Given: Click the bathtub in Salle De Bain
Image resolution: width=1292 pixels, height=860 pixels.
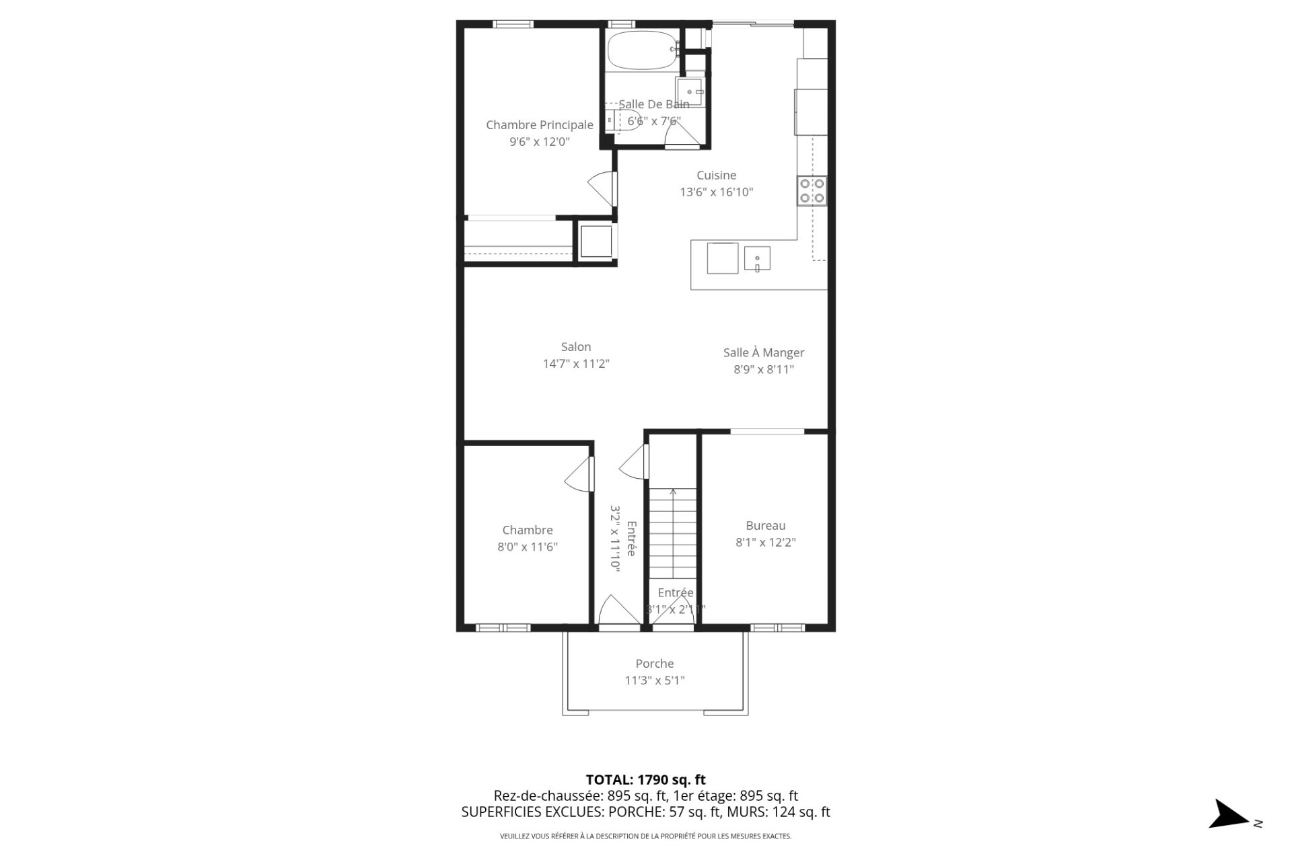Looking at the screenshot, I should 642,50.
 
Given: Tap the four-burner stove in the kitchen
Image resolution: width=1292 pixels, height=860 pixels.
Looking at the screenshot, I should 812,190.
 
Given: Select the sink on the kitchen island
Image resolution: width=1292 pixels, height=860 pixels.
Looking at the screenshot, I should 757,258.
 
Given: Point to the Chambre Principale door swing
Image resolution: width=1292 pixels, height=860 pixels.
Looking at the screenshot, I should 602,186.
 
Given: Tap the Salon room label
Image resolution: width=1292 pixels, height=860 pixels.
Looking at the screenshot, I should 576,347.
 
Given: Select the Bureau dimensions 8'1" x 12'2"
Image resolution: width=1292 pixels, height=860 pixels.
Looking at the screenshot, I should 766,543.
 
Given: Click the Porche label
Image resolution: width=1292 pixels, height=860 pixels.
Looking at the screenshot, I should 654,664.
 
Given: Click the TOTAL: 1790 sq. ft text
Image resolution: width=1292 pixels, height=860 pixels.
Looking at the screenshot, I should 645,780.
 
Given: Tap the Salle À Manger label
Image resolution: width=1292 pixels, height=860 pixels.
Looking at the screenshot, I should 764,352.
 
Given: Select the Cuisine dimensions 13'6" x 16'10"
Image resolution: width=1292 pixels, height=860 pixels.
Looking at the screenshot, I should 716,192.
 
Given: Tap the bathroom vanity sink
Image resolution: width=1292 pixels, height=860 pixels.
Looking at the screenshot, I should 690,91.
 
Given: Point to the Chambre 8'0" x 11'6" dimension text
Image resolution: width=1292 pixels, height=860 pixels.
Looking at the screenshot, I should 528,547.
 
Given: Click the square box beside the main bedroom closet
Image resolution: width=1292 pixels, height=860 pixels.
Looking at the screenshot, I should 596,241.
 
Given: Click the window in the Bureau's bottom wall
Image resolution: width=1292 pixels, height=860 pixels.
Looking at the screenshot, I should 777,628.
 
